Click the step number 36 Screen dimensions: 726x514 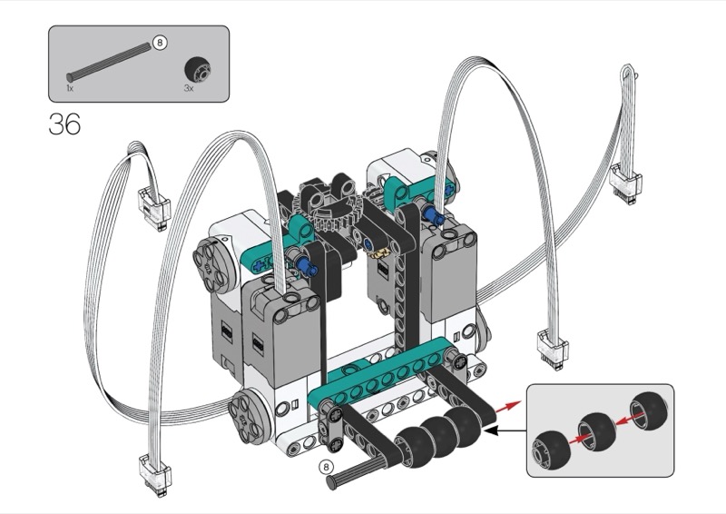click(64, 124)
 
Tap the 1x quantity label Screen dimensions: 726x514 click(70, 88)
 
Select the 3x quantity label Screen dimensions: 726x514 click(188, 88)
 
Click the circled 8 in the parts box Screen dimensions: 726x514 click(160, 43)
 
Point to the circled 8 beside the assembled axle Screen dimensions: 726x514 click(327, 467)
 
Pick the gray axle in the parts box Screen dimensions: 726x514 click(109, 61)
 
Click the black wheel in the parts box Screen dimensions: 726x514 click(198, 70)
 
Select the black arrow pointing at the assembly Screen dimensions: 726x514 click(505, 430)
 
